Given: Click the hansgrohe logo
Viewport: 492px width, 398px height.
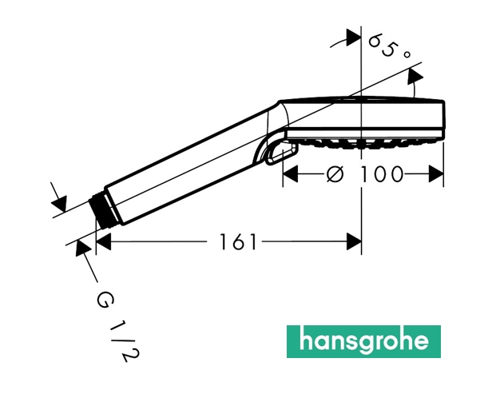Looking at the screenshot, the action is tap(363, 341).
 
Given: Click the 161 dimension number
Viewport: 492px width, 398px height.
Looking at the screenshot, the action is tap(238, 242).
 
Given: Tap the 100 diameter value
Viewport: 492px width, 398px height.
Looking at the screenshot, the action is tap(381, 174).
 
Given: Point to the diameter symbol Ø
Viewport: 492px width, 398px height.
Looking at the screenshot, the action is tap(335, 174).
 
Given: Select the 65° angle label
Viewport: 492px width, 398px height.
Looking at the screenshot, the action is tap(388, 46).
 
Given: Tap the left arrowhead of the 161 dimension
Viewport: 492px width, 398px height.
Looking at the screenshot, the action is tap(104, 242).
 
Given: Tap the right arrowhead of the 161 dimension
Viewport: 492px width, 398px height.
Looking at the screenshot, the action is tap(354, 242).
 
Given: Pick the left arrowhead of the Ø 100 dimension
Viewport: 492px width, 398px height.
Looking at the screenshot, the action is tap(290, 174).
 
